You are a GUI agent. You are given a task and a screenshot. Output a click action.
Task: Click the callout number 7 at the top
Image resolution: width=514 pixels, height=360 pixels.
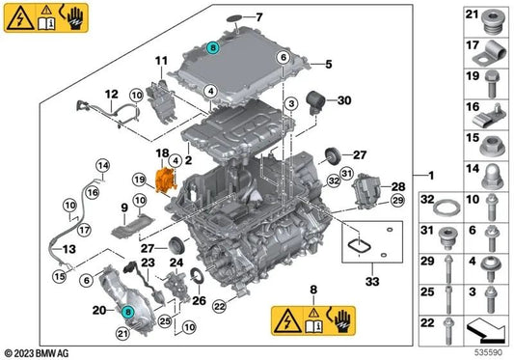[x=258, y=17]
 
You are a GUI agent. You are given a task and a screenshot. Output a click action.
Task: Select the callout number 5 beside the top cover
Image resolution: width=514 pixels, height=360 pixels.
[x=328, y=65]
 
